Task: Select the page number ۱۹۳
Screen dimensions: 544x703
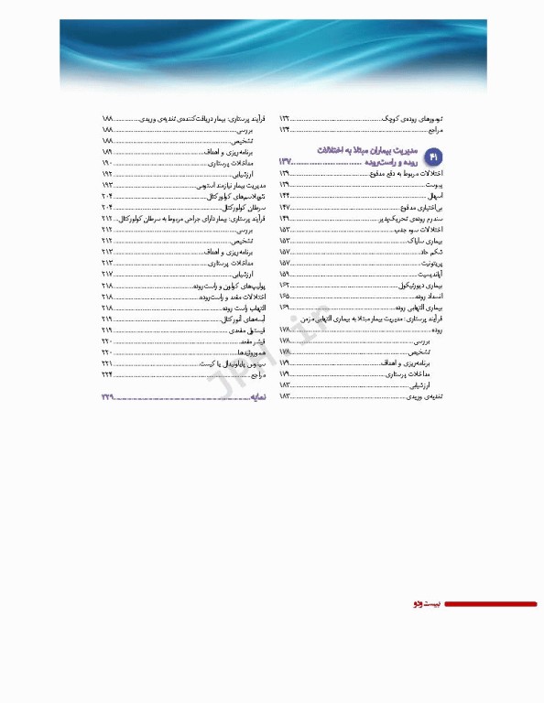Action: coord(107,185)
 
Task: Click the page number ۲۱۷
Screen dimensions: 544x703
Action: coord(107,275)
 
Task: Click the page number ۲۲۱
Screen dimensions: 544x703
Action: coord(107,363)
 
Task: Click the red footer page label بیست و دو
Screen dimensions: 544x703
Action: coord(427,604)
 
